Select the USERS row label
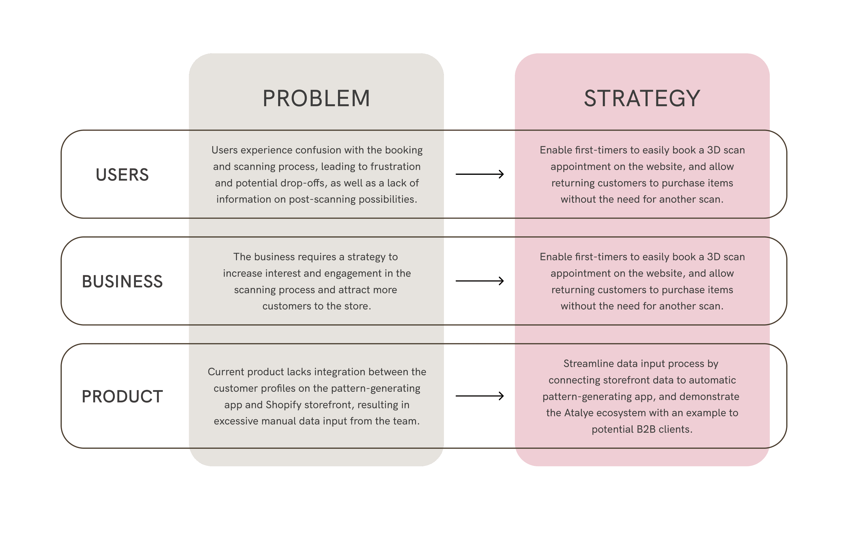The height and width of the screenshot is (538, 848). [x=122, y=175]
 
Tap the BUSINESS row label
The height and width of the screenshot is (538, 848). [x=122, y=281]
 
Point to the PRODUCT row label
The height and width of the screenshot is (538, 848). [x=122, y=396]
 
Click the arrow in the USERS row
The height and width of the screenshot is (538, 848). [x=480, y=174]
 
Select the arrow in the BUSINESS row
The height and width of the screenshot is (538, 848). [x=480, y=281]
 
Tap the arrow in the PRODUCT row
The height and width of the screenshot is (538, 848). [x=480, y=396]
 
